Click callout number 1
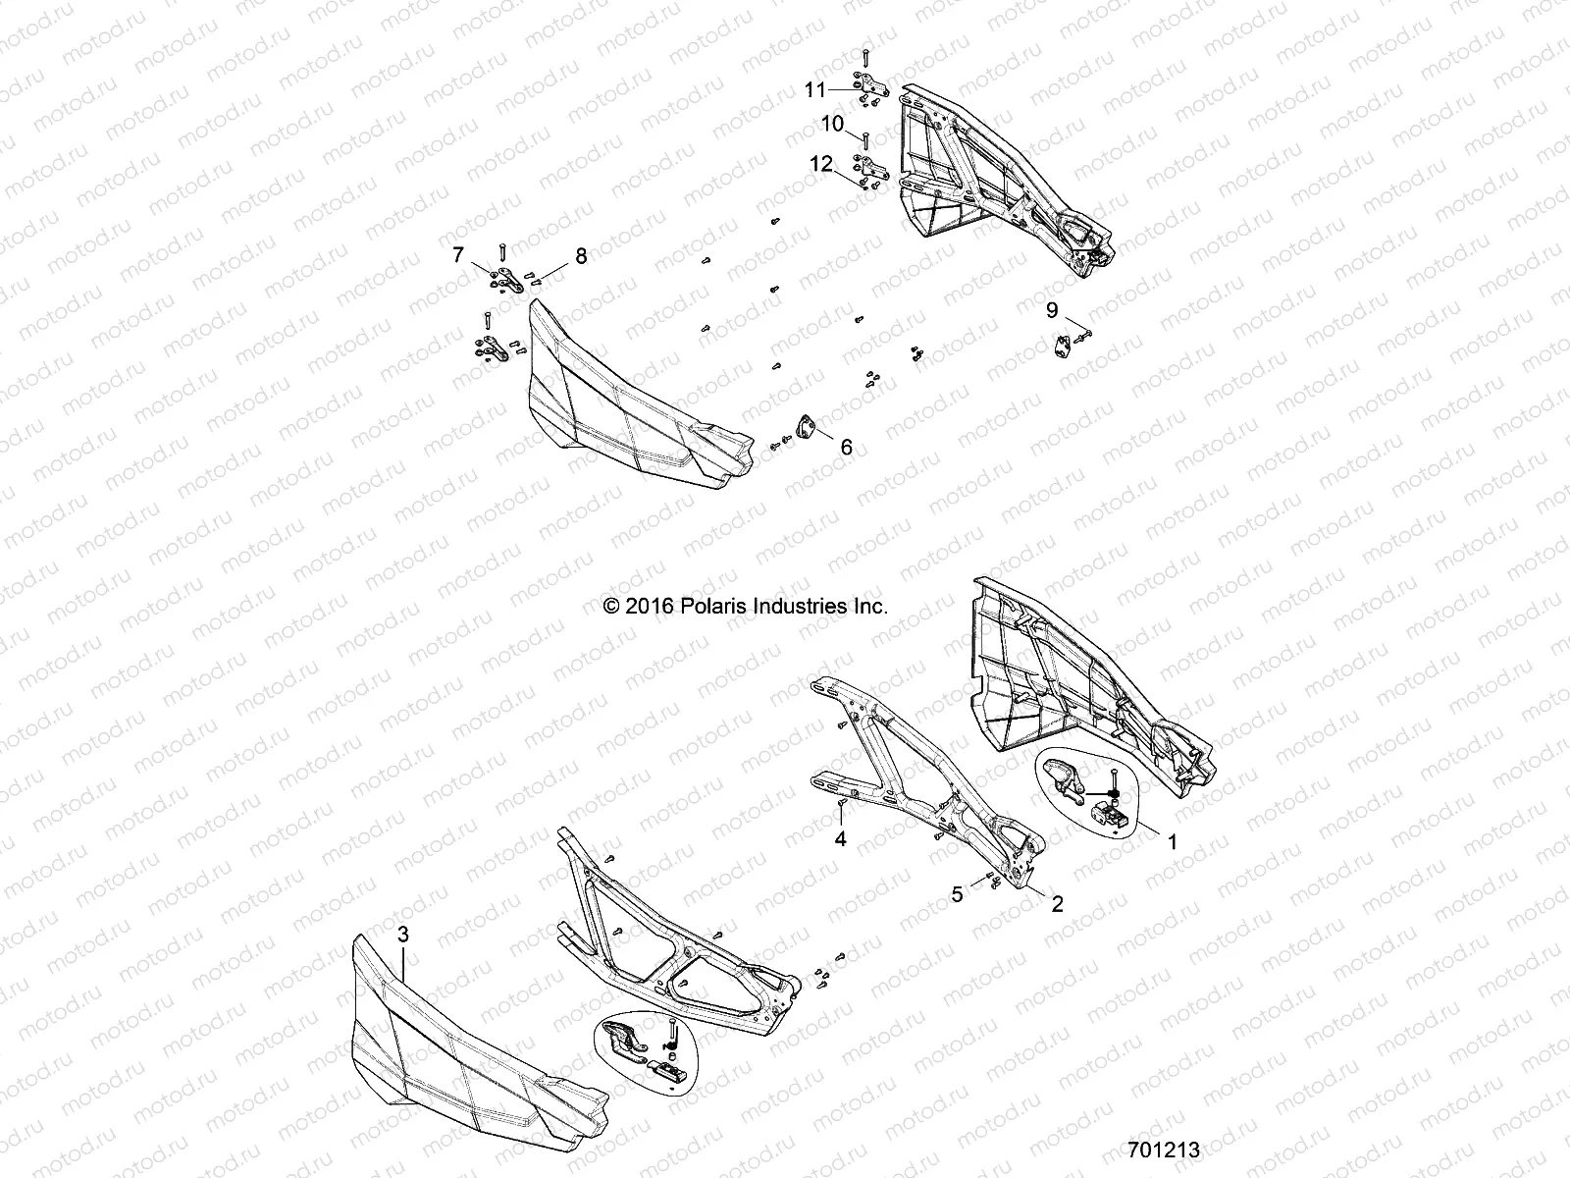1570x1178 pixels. (x=1170, y=841)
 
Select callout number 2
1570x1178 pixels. (x=1057, y=904)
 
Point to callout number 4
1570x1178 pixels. (x=840, y=839)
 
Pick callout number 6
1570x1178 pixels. (x=845, y=448)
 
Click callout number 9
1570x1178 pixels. (x=1052, y=310)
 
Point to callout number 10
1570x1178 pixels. (x=832, y=124)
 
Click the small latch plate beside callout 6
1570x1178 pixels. (x=808, y=428)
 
